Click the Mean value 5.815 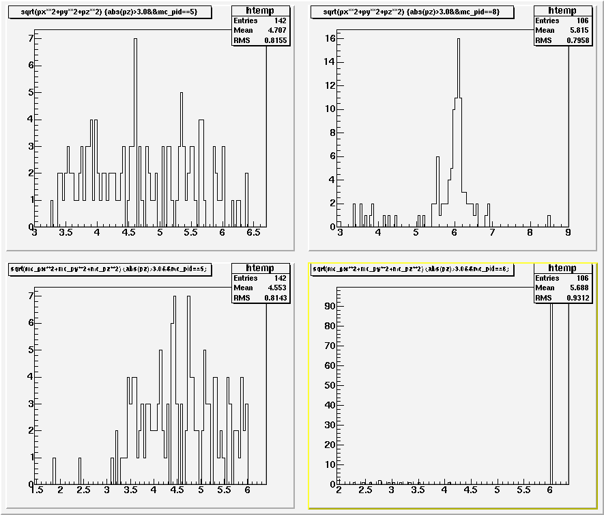[x=582, y=30]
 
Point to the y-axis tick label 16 [x=329, y=39]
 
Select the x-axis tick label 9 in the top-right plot [x=568, y=233]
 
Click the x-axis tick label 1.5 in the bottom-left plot [x=38, y=490]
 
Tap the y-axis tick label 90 [x=329, y=307]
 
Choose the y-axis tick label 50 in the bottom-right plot [x=329, y=386]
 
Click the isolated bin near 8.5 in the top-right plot [x=549, y=221]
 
